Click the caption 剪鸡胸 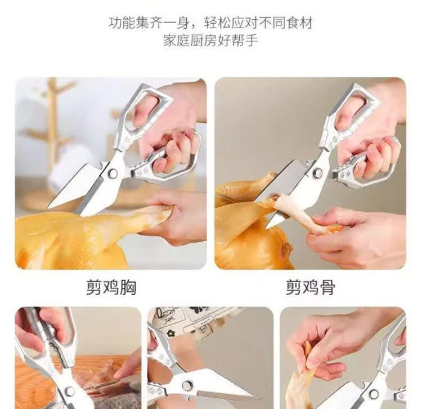(111, 287)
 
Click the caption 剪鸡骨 (310, 287)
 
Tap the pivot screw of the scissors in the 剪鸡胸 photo (113, 174)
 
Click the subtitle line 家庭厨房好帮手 (211, 41)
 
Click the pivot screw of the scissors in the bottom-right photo (373, 394)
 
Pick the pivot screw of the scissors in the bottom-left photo (69, 391)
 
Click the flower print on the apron (170, 334)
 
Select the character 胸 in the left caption (128, 287)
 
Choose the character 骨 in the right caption (327, 287)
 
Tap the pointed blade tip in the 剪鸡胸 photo (49, 207)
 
